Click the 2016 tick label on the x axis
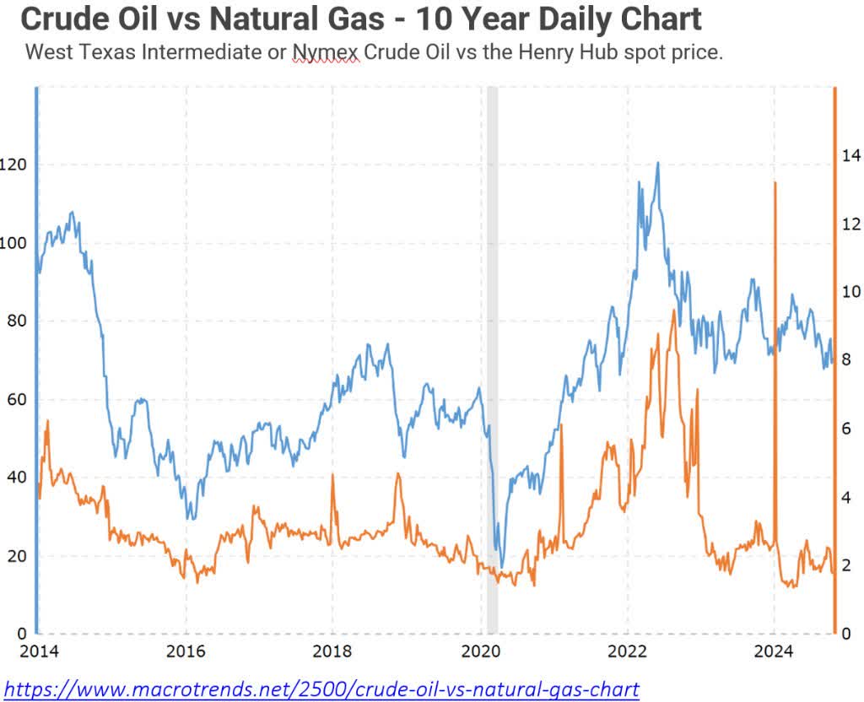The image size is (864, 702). (x=186, y=651)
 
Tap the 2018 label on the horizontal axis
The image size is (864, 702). (x=332, y=651)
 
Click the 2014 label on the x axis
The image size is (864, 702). (x=38, y=651)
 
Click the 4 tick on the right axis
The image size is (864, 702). (x=845, y=497)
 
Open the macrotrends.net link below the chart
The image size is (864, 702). (x=321, y=688)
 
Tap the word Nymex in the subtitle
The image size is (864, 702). (x=326, y=52)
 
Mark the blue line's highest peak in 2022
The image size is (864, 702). (x=657, y=163)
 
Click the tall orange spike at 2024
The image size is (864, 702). (x=775, y=183)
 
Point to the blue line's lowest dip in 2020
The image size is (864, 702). (x=502, y=567)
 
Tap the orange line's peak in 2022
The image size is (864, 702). (x=673, y=310)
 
